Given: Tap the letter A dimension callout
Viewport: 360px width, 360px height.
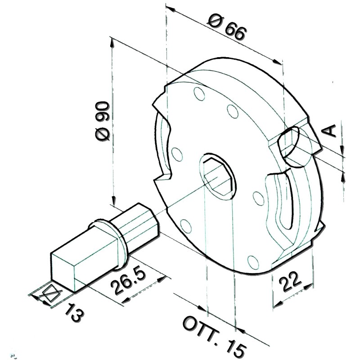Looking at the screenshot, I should tap(330, 130).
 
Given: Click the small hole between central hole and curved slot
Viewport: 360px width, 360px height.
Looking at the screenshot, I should tap(258, 198).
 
